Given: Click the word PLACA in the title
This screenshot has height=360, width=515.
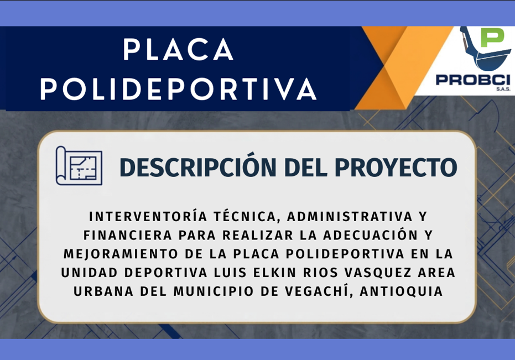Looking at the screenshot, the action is pos(178,49).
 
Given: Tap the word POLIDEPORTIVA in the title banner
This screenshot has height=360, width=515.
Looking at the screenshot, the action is pos(178,88).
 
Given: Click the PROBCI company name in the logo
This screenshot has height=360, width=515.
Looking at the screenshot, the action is pos(473,80).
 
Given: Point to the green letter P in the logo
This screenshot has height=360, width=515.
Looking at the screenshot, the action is pos(492,38).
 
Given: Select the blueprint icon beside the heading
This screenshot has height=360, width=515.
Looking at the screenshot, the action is pos(79,165).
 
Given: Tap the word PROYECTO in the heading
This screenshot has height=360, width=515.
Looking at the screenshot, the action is pos(396,167).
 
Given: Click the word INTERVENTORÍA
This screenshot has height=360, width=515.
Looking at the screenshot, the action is pos(148,216).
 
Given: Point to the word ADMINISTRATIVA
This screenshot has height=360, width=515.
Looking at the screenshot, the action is pos(350,217).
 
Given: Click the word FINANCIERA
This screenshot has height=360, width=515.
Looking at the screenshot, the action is pos(128,235).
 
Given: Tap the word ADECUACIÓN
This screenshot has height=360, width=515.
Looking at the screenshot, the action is pos(371,235).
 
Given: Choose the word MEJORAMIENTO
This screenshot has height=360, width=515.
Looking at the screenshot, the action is pos(121,254).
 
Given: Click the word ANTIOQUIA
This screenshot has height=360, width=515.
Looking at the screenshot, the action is pos(401,291).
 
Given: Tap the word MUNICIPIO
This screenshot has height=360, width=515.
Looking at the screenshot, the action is pos(214,291).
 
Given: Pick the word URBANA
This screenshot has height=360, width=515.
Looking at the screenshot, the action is pos(103,291).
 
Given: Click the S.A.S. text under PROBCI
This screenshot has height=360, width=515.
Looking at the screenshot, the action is pos(503,89).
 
